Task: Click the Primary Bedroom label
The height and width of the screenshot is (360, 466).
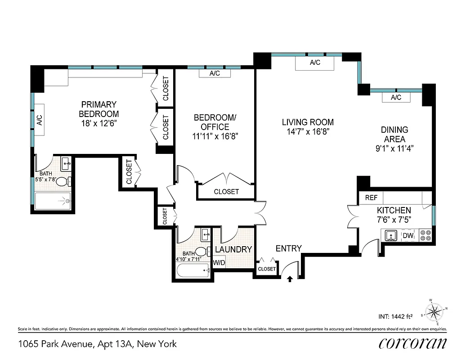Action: [99, 109]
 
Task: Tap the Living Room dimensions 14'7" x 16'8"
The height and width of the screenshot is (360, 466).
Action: [308, 132]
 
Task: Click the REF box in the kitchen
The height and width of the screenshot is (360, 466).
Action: [371, 198]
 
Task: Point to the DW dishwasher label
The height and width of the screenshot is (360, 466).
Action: [408, 235]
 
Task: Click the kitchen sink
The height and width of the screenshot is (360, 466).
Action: [390, 235]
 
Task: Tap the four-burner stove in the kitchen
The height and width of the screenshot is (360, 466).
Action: [425, 235]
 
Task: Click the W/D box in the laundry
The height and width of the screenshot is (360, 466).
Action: [219, 262]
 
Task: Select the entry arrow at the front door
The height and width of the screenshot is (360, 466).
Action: [290, 279]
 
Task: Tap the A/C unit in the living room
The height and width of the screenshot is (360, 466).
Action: [315, 63]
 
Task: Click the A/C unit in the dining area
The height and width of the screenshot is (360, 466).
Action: [396, 98]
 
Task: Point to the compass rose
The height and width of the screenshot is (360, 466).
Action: [435, 310]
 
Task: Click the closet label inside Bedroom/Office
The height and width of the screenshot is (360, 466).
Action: [226, 192]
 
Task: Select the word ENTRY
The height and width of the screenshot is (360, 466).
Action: [288, 248]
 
